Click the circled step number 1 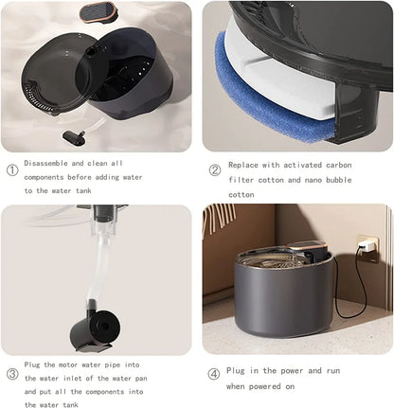pos(11,170)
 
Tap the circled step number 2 pos(215,170)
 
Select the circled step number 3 pos(11,373)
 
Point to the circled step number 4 pos(215,373)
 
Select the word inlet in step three pos(86,376)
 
